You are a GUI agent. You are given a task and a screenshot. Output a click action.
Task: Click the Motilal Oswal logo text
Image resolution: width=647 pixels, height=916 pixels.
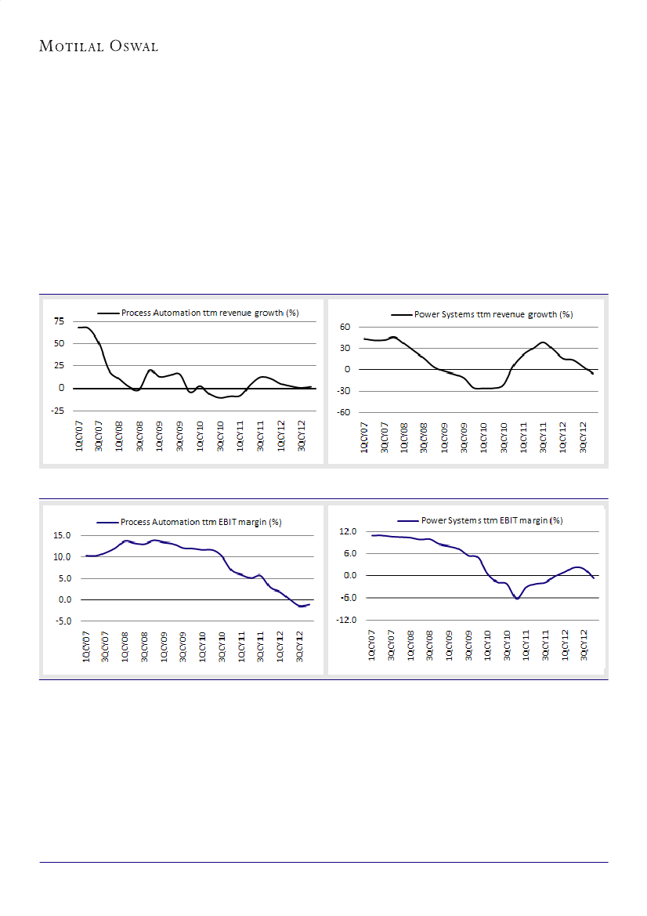(x=99, y=46)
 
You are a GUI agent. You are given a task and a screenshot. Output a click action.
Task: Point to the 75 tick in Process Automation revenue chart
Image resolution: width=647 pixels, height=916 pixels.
(x=59, y=321)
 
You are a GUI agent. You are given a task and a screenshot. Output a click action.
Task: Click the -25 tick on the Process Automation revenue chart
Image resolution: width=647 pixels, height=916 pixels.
(x=56, y=411)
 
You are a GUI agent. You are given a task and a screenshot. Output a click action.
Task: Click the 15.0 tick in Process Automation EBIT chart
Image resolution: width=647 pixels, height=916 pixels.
(x=62, y=535)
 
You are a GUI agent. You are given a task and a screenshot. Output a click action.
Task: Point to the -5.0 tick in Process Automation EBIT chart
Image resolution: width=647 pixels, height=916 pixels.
(x=62, y=621)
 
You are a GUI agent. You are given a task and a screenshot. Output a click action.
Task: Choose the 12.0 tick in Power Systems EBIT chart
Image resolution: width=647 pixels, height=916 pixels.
(x=347, y=531)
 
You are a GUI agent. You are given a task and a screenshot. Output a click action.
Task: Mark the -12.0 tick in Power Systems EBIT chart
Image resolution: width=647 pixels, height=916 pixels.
(x=345, y=620)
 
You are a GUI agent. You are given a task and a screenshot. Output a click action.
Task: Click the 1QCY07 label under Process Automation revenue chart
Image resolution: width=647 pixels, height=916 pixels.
(x=80, y=434)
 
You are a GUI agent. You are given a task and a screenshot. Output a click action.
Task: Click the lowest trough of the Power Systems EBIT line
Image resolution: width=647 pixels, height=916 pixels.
(x=517, y=599)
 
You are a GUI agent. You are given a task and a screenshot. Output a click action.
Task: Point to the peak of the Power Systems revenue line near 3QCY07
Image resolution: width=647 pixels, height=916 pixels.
(x=393, y=337)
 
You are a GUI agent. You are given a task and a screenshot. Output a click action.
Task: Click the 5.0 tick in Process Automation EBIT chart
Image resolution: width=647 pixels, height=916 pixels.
(x=63, y=578)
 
